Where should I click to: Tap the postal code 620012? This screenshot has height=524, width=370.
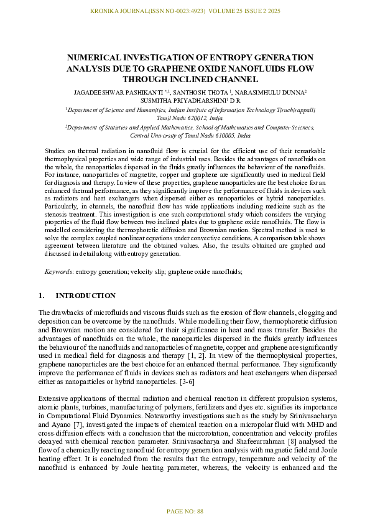pyautogui.click(x=175, y=117)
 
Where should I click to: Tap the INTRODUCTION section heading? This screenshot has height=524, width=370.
pyautogui.click(x=85, y=296)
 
